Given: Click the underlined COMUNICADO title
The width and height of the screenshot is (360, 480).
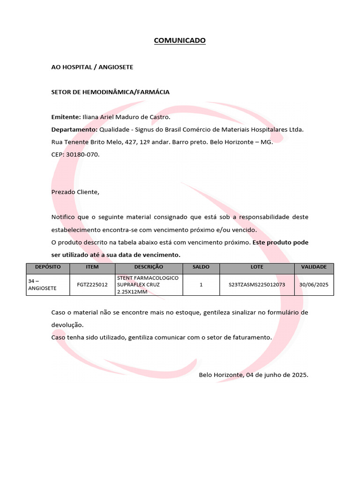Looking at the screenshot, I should pos(180,41).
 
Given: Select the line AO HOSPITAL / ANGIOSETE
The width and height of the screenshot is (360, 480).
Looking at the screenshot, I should pos(92,67).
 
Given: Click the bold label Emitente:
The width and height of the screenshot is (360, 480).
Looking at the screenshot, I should pos(66,117).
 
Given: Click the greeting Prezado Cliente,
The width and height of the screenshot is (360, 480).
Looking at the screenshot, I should pos(75,192).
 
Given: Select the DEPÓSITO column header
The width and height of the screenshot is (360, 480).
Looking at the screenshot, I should pos(48,267).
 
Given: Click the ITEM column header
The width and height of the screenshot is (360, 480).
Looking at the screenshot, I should pos(92,267).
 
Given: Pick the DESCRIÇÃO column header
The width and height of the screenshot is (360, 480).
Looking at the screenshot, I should pos(149,267).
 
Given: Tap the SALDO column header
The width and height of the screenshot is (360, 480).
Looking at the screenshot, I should pos(201,267).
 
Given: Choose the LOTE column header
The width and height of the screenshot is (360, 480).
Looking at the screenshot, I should pos(257,267).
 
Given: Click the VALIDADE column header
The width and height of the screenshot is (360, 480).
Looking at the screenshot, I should pos(314,267).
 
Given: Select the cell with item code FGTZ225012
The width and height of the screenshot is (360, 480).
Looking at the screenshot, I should pos(92,285).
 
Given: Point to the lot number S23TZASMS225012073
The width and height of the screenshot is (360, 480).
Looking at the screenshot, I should pos(257,285).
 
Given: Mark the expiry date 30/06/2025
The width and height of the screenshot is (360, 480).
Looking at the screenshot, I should pos(314,285).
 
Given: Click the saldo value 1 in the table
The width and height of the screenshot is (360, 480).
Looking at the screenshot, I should pos(201,285).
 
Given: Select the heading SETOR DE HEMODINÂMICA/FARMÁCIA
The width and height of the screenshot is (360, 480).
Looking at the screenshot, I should pos(110,92).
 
